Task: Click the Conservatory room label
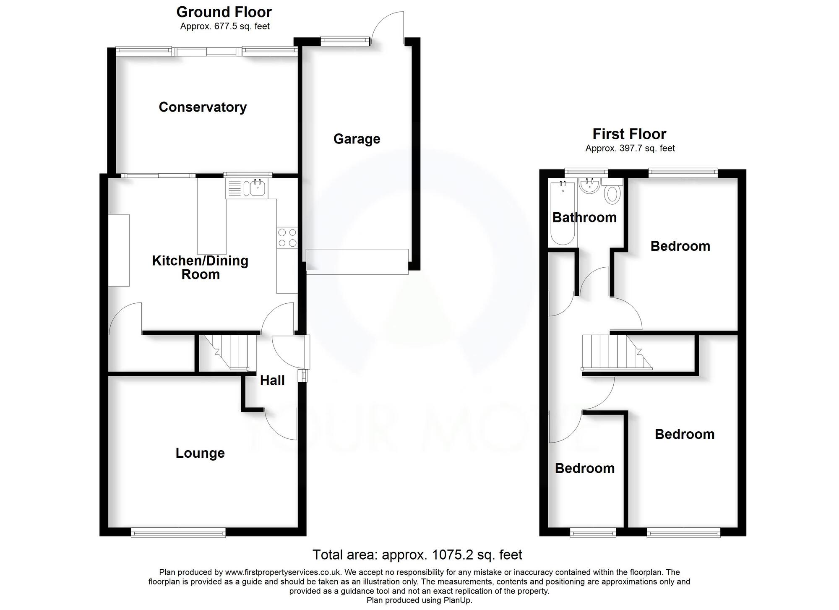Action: coord(203,107)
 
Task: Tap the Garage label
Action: coord(357,139)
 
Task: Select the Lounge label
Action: coord(200,453)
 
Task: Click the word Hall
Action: coord(272,381)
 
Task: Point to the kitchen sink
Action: coord(256,188)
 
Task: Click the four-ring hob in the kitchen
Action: coord(287,237)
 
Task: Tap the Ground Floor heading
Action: coord(224,12)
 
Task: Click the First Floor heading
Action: coord(629,134)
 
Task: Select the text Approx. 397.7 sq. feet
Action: coord(630,148)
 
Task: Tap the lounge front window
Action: coord(178,533)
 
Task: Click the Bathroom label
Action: coord(584,217)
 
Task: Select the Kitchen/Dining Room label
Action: coord(200,267)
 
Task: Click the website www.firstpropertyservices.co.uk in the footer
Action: coord(284,572)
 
